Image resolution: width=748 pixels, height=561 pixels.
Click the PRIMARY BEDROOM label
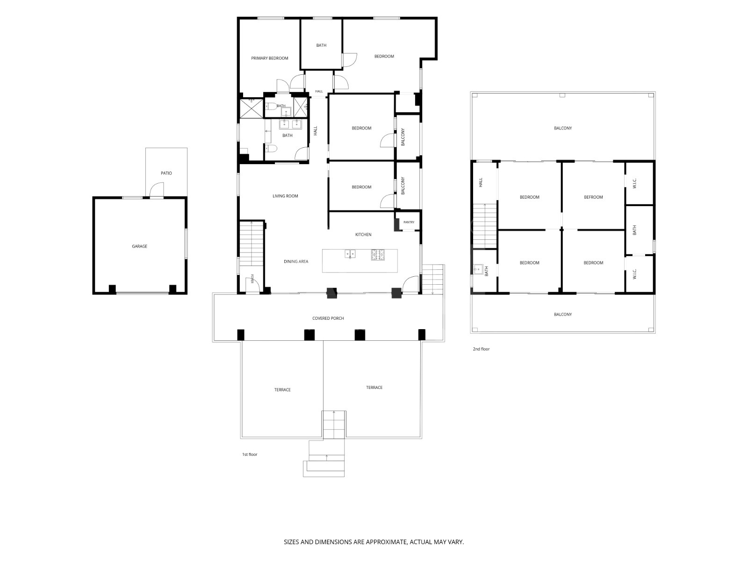coord(269,58)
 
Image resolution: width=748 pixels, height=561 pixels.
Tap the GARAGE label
coord(139,246)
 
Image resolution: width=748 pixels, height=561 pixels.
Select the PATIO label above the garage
coord(166,173)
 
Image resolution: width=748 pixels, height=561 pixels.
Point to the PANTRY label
coord(409,222)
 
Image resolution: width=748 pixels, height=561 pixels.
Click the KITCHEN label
coord(363,235)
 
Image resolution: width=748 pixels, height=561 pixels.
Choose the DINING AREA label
coord(296,262)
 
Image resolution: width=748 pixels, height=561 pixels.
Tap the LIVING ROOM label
coord(285,196)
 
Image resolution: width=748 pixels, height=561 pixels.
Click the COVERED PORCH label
coord(328,318)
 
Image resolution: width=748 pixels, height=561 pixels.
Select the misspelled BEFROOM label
coord(593,197)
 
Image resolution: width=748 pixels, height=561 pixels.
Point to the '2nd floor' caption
coord(481,349)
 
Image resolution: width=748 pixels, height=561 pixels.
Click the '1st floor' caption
coord(250,454)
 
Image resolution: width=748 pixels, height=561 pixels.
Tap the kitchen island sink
coord(350,254)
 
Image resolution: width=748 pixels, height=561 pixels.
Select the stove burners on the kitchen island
coord(378,255)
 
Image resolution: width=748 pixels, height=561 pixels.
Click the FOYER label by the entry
coord(252,279)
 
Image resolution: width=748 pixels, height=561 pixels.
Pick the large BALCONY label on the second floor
coord(562,129)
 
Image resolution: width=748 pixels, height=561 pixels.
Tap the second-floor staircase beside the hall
coord(485,226)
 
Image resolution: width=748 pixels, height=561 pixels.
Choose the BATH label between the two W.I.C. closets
coord(634,230)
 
